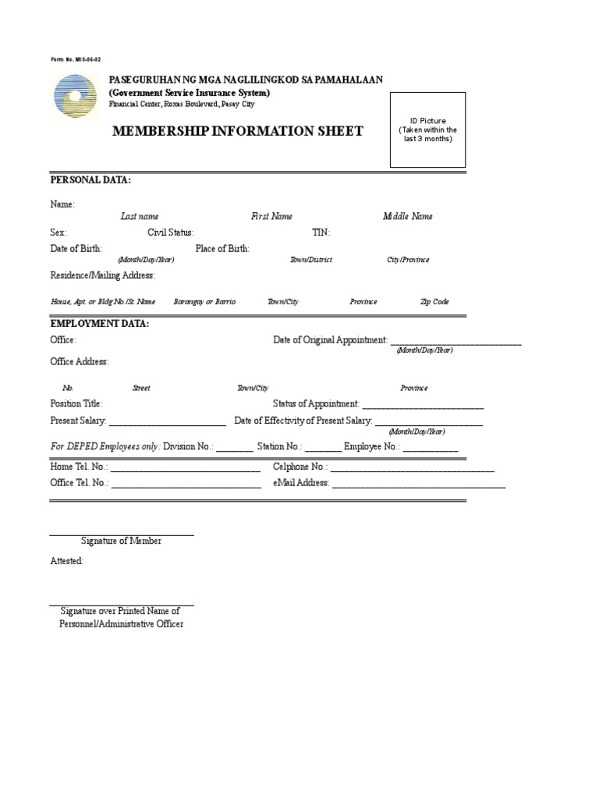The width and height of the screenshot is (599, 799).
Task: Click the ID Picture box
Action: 427,130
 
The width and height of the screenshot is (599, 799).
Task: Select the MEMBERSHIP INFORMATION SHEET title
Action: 238,131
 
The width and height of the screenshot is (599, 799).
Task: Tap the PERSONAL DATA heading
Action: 90,180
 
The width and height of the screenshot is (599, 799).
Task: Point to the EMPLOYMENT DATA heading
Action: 99,323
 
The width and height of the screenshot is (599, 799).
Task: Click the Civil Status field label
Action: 170,233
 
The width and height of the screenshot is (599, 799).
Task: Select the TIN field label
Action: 321,233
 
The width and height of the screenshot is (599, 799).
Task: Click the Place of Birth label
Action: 222,249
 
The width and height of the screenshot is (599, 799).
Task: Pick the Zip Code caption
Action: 434,302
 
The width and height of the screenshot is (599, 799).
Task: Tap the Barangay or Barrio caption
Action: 204,302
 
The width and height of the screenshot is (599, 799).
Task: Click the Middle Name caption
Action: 407,216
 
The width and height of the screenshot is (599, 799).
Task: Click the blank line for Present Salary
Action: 167,423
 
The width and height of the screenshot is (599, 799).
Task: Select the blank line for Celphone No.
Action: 412,469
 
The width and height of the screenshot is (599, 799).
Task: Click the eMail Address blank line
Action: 419,485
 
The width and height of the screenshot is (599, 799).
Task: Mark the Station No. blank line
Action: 323,449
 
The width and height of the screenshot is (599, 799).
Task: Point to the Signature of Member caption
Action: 121,541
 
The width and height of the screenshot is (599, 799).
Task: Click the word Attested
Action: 66,561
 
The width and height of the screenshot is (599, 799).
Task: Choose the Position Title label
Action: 76,403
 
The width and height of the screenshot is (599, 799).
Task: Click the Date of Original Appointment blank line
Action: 455,342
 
